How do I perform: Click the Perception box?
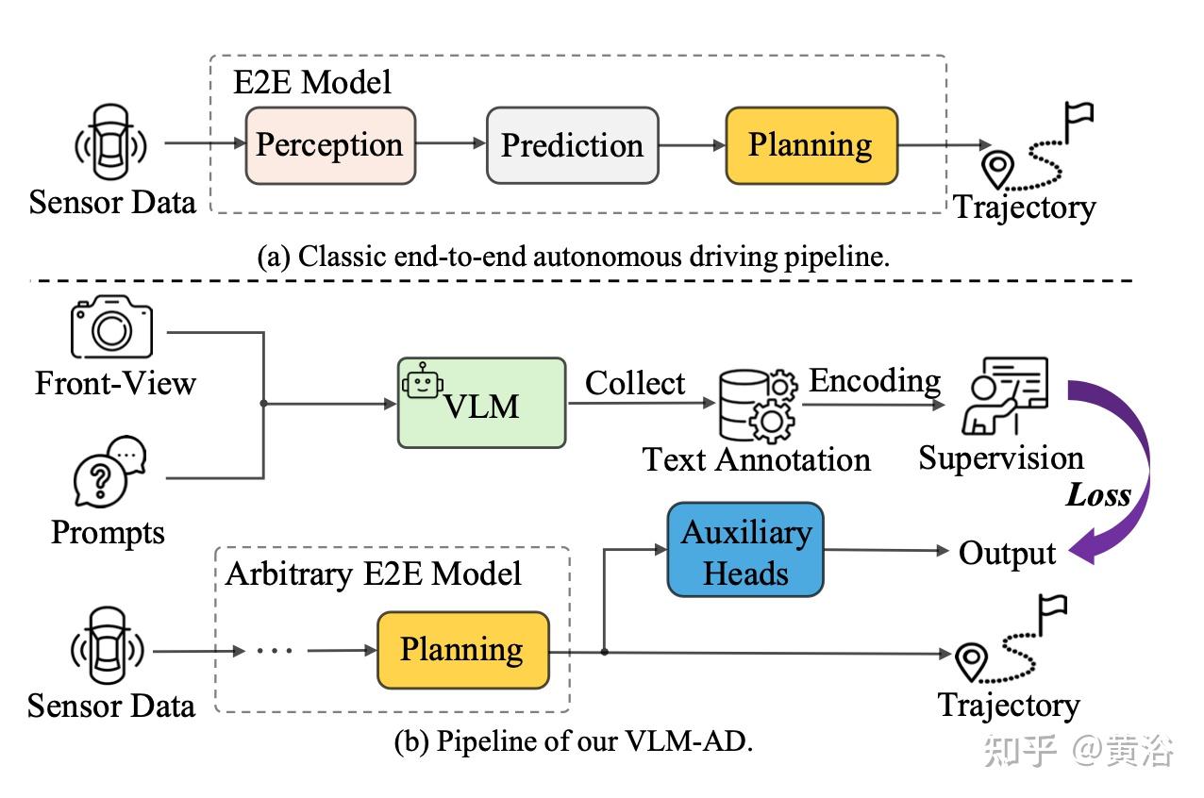pyautogui.click(x=329, y=145)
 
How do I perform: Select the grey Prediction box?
pyautogui.click(x=572, y=145)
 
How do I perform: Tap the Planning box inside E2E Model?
pyautogui.click(x=811, y=145)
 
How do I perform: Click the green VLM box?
pyautogui.click(x=481, y=402)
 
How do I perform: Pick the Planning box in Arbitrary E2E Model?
pyautogui.click(x=462, y=650)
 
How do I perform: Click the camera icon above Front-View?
pyautogui.click(x=111, y=329)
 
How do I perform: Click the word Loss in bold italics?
pyautogui.click(x=1097, y=494)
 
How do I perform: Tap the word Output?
pyautogui.click(x=1007, y=554)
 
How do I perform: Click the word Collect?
pyautogui.click(x=635, y=383)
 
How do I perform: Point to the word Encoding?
pyautogui.click(x=875, y=380)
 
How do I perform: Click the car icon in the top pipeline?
pyautogui.click(x=111, y=144)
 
